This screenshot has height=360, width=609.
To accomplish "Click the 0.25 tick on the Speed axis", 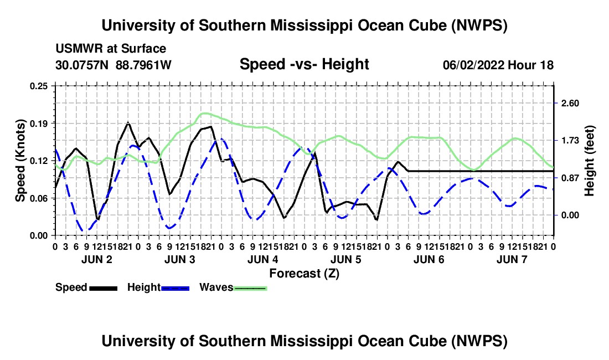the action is (39, 86).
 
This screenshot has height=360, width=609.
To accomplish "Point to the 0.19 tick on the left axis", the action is (39, 124).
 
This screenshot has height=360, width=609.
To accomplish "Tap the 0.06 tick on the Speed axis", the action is (39, 198).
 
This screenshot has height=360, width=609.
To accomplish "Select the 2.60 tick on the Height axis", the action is (570, 104).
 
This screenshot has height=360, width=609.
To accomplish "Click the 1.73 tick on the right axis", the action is (570, 141).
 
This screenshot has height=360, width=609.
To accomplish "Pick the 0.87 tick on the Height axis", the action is (570, 178).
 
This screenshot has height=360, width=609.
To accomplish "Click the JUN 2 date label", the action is (97, 259).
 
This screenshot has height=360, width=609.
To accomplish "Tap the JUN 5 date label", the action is (345, 259).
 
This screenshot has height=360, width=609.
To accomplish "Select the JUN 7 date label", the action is (512, 259).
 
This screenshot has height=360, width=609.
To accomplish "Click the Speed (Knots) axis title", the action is (20, 161).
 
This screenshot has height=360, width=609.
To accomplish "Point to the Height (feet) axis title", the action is (589, 161).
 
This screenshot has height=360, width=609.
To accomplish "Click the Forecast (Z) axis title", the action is (304, 274).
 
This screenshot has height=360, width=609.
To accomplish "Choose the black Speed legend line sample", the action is (104, 288).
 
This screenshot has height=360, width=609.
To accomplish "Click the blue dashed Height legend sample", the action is (175, 288).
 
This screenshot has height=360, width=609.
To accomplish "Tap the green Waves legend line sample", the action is (250, 288).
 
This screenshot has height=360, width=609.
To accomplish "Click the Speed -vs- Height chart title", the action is (304, 64).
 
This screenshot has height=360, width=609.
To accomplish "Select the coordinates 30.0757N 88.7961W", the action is (113, 65).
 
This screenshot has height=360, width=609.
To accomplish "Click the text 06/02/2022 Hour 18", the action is (498, 65).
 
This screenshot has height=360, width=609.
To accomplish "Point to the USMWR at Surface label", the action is (111, 49).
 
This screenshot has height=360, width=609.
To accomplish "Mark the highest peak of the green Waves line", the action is (204, 114).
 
